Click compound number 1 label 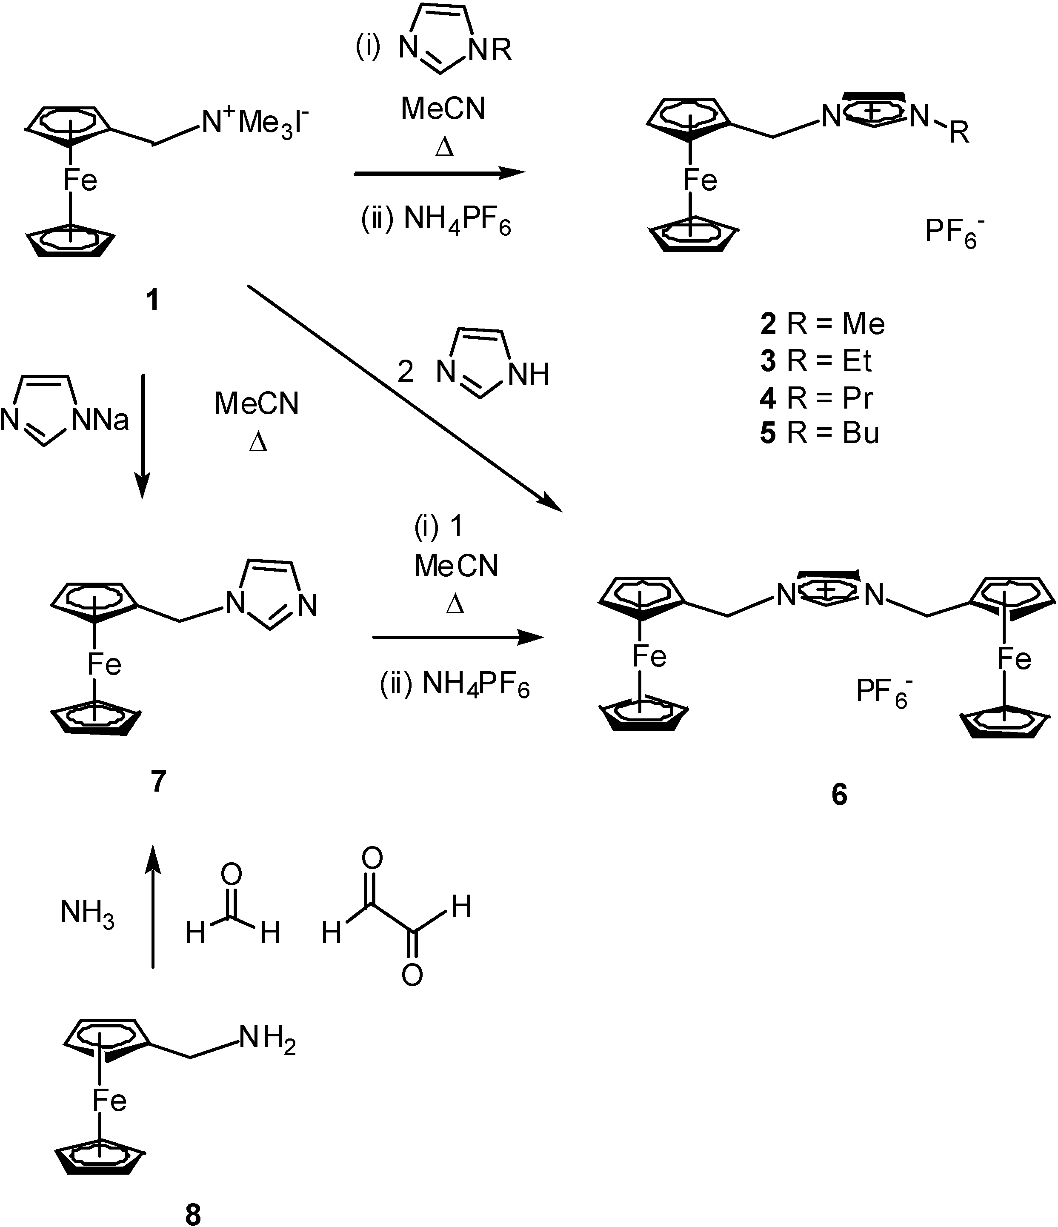pyautogui.click(x=153, y=300)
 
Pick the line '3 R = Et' pyautogui.click(x=816, y=360)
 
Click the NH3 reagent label pyautogui.click(x=87, y=914)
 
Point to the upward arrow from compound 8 pyautogui.click(x=153, y=906)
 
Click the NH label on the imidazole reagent pyautogui.click(x=528, y=374)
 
